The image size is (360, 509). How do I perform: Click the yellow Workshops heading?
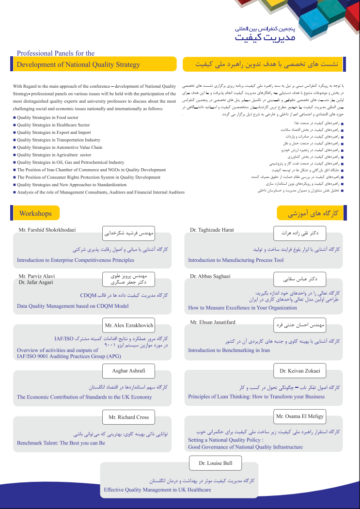coord(35,213)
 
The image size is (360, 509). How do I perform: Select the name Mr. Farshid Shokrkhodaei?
coord(47,229)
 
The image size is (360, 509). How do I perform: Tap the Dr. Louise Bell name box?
coord(216,463)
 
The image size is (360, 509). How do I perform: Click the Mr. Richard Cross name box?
coord(129,417)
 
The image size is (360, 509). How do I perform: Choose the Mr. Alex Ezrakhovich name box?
coord(129,325)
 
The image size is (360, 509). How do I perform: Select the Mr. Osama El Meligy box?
coord(300,416)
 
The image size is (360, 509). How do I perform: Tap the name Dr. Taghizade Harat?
coord(212,229)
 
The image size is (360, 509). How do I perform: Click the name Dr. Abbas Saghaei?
coord(210,276)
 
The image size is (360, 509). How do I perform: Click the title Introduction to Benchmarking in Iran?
coord(229,350)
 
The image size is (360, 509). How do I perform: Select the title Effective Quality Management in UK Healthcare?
coord(157,490)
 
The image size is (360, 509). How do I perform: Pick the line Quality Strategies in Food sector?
coord(47,118)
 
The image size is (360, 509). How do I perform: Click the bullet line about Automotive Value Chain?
coord(60,147)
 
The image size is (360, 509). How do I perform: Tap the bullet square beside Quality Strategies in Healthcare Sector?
coord(15,126)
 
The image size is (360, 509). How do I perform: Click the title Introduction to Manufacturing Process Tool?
coord(236,260)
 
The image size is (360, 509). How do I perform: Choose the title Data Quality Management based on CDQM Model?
coord(73,306)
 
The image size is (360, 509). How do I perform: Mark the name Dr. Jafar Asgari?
coord(36,282)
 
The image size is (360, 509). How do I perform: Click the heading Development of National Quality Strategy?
coord(78,64)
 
